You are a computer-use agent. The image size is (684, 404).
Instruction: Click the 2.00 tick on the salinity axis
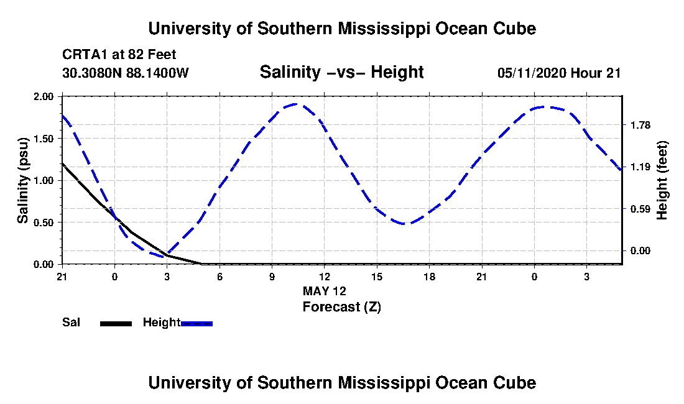pos(43,96)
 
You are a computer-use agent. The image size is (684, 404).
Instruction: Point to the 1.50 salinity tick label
pos(43,139)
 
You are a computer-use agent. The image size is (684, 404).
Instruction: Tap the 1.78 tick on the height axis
pos(640,126)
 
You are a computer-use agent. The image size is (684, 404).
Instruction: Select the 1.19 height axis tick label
pos(640,167)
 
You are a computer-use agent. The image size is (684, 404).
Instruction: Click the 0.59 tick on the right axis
pos(640,209)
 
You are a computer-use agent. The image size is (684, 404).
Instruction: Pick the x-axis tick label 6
pos(220,277)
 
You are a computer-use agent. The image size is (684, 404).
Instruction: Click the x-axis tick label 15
pos(377,277)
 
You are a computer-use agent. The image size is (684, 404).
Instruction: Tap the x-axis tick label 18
pos(429,277)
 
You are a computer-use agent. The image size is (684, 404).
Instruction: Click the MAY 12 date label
pos(325,291)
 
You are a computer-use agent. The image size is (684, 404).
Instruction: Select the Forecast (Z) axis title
pos(342,307)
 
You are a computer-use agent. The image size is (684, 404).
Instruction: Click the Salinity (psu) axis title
pos(22,180)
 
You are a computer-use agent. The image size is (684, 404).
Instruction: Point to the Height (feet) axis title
pos(662,180)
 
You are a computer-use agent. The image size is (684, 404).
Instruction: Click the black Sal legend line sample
pos(116,323)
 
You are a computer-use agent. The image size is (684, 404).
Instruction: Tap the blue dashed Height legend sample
pos(196,323)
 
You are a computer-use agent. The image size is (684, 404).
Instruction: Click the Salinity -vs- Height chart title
pos(341,72)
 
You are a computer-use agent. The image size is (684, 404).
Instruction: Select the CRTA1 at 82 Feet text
pos(119,55)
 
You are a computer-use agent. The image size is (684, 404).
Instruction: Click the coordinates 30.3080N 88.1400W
pos(126,73)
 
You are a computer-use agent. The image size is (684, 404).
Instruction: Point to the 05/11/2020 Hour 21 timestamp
pos(559,73)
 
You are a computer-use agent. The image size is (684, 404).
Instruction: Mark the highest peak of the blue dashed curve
pos(296,104)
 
